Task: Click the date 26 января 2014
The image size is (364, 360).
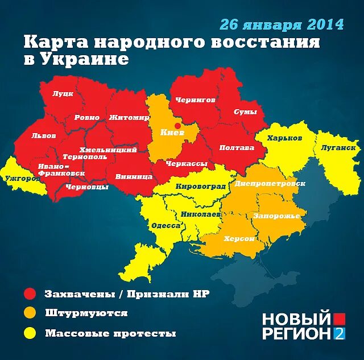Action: click(282, 24)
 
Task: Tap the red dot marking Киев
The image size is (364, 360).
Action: click(177, 126)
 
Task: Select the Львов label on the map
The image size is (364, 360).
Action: click(44, 136)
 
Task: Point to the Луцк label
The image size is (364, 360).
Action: click(63, 94)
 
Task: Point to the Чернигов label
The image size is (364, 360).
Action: click(195, 100)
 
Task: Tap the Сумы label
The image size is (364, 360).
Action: click(246, 112)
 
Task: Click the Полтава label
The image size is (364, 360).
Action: click(237, 147)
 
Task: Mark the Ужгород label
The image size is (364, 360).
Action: click(22, 179)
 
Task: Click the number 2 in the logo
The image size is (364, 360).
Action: click(339, 334)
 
